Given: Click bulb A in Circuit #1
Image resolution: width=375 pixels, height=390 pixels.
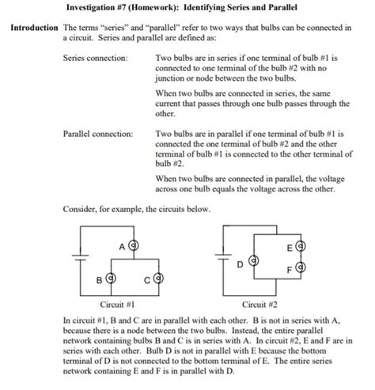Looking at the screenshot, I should click(134, 246).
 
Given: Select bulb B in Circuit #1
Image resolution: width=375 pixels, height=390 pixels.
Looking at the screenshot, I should click(112, 278).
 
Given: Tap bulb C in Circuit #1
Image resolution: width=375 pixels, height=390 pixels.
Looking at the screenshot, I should click(158, 278).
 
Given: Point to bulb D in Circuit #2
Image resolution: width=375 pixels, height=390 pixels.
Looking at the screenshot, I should click(253, 260).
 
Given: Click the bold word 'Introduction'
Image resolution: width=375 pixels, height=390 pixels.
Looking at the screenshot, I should click(34, 28).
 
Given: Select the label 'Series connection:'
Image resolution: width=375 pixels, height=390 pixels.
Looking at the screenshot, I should click(95, 58).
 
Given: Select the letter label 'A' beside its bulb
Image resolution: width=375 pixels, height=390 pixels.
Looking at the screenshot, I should click(123, 246).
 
